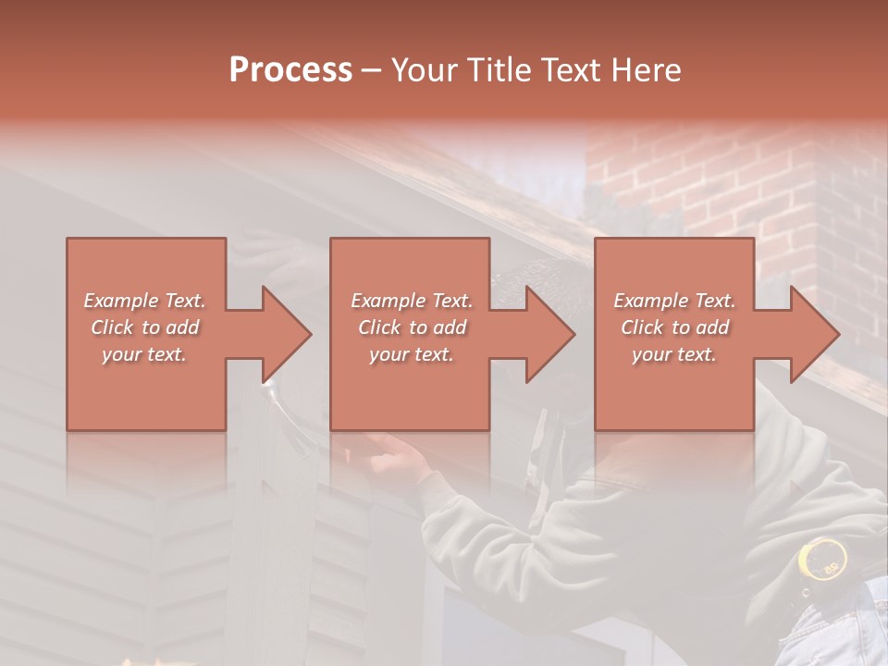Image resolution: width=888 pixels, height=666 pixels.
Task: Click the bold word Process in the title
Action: click(290, 69)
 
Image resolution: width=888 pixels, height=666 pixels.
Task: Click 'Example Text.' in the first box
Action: click(145, 301)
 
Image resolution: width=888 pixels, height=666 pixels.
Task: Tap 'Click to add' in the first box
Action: click(145, 327)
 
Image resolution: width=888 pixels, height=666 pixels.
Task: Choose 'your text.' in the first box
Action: click(145, 354)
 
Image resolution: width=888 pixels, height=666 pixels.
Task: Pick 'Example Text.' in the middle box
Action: click(411, 301)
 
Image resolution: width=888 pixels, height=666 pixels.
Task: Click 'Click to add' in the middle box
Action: click(411, 327)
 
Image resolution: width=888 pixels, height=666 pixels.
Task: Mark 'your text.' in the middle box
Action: click(411, 354)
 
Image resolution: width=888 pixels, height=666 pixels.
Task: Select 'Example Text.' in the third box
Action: click(674, 301)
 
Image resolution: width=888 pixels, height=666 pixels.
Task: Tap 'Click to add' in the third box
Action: click(674, 327)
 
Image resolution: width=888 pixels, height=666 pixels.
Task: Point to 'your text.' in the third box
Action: click(674, 354)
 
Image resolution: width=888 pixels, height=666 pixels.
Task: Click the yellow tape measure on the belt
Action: click(822, 559)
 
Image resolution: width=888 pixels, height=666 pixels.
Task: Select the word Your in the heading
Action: click(425, 70)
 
